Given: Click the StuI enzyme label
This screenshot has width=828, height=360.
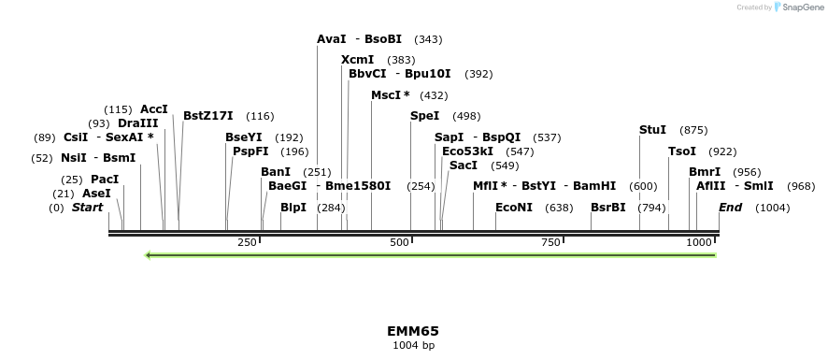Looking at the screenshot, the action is (652, 130).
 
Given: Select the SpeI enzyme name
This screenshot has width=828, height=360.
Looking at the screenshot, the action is (424, 116).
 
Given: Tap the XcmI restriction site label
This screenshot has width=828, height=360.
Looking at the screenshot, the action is (357, 60).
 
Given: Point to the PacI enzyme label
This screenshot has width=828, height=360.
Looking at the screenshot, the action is (105, 180).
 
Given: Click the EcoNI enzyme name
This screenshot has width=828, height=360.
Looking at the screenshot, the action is (514, 208).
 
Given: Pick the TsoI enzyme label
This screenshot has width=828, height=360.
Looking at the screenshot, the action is (682, 151).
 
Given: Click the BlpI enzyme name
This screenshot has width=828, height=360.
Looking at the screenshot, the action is (293, 208).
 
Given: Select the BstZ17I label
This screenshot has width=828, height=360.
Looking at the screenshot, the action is (208, 116).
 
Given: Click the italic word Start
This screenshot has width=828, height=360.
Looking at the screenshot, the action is (88, 208).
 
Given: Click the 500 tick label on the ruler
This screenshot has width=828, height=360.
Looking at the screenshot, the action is (399, 242).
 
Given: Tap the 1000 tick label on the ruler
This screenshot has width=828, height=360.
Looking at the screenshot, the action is (699, 242).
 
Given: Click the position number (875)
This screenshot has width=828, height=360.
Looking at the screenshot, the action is (693, 130).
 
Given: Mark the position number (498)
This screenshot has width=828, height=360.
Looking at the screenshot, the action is (466, 116).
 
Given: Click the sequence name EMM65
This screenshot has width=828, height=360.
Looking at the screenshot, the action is (413, 331).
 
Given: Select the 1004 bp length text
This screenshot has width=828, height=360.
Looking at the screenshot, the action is (413, 346).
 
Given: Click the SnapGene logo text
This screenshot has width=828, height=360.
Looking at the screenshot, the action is (801, 7).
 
